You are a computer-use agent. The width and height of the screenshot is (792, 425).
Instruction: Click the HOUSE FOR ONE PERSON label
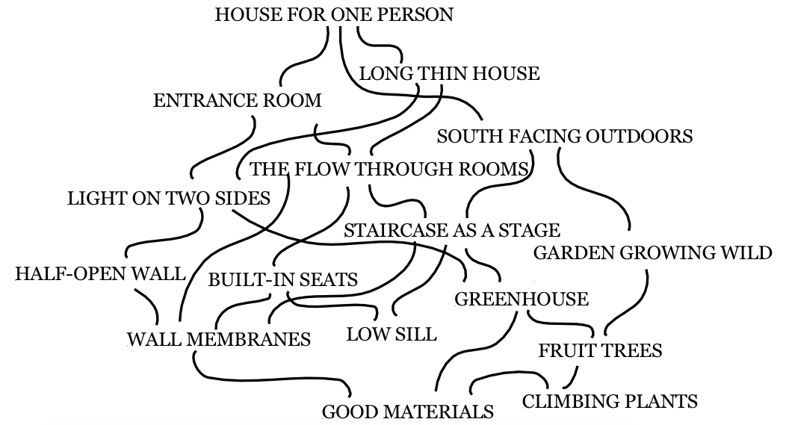(x=334, y=14)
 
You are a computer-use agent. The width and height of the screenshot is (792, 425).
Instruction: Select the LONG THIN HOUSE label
(x=449, y=74)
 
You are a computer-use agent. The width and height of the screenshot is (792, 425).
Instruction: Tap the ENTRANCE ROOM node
(x=238, y=100)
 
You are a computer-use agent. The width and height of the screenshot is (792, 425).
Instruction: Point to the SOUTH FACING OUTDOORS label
(x=565, y=136)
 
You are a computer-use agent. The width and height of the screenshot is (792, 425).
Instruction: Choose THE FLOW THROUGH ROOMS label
(x=389, y=169)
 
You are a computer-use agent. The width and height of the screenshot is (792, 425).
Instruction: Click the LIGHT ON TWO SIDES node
(x=169, y=199)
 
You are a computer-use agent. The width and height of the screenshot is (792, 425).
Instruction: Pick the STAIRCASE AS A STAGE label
(x=452, y=230)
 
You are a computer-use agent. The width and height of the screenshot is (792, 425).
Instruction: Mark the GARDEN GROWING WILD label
(x=652, y=252)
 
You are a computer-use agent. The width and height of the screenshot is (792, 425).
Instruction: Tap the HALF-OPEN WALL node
(x=101, y=273)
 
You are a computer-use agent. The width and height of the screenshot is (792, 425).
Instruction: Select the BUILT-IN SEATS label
(x=283, y=279)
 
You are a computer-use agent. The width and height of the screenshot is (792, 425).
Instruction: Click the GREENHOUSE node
(x=522, y=299)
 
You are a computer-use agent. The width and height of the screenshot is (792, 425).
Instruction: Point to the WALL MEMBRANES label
(x=219, y=339)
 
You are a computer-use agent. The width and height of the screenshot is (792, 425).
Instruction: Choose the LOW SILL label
(x=392, y=334)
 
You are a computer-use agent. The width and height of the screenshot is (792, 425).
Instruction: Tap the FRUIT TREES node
(x=600, y=350)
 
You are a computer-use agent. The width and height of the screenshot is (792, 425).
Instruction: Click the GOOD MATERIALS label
(x=408, y=412)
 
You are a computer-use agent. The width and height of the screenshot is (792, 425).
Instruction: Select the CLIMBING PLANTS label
(x=610, y=401)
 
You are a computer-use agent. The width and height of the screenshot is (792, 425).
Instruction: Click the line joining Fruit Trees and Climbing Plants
(x=572, y=378)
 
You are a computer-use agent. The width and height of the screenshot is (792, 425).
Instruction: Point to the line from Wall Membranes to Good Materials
(x=263, y=378)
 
